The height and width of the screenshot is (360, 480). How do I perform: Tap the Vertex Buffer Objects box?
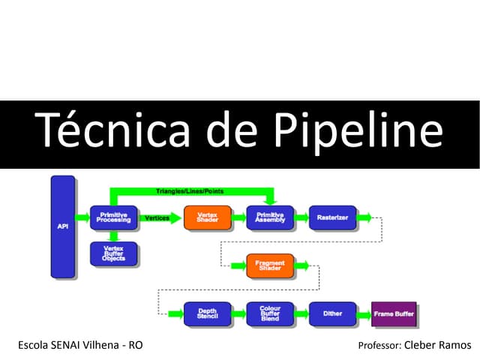click(x=112, y=254)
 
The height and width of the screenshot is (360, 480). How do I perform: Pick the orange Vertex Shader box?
click(x=207, y=217)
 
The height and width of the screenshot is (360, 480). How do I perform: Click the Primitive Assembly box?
click(x=269, y=217)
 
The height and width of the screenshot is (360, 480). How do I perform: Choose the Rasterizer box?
click(x=331, y=217)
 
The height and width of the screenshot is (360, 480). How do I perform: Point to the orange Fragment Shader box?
click(x=269, y=265)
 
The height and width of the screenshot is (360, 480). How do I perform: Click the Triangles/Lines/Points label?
click(x=189, y=191)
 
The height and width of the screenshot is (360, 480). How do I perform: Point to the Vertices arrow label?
click(x=156, y=217)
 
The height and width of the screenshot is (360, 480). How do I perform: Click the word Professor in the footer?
click(x=379, y=346)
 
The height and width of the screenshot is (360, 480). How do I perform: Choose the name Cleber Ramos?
click(x=438, y=346)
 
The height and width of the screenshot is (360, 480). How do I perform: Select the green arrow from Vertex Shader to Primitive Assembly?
click(x=238, y=218)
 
